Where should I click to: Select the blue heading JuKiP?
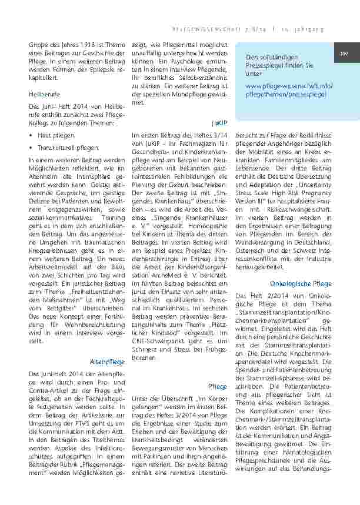click(219, 125)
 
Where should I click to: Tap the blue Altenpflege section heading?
click(107, 361)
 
